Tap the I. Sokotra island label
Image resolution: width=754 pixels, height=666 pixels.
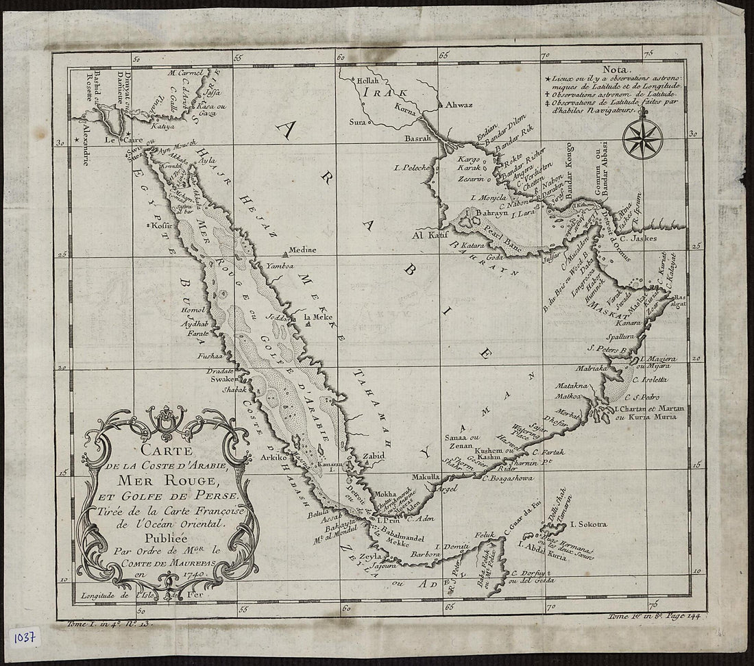pos(587,525)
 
